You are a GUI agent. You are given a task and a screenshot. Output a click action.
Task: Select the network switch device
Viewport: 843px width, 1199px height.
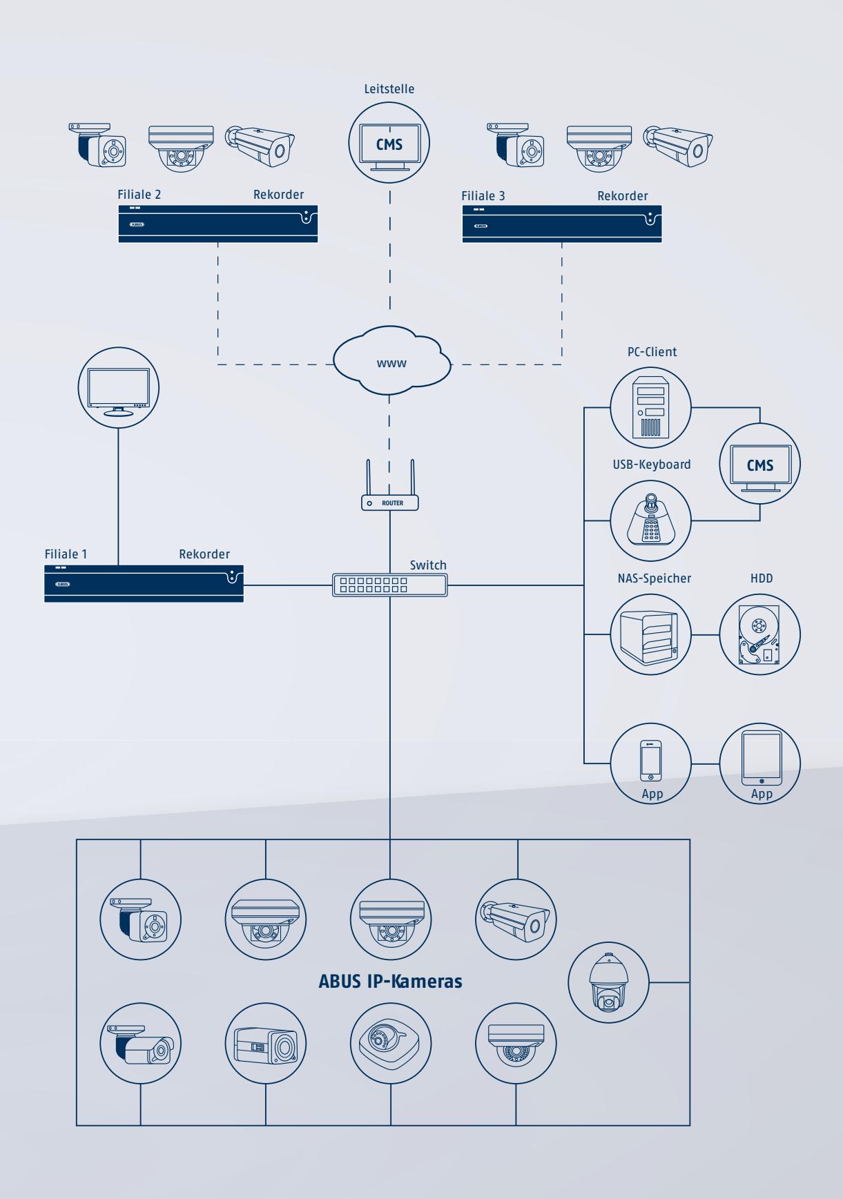[x=390, y=585]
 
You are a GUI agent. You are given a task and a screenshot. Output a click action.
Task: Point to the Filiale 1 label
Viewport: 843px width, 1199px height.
[x=66, y=554]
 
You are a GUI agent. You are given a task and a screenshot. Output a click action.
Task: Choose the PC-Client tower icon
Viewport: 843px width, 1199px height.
[x=651, y=407]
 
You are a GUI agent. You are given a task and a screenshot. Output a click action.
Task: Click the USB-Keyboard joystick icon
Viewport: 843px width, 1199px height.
[x=651, y=520]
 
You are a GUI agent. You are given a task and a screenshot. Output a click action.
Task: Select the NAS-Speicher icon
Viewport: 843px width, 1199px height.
[x=651, y=634]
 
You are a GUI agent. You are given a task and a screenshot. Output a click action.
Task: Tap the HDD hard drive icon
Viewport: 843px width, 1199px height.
[x=760, y=634]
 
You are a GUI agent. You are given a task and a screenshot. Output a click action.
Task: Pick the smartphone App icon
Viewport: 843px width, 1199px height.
[x=651, y=764]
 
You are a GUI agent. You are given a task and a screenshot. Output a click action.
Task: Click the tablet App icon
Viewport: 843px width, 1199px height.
[x=760, y=764]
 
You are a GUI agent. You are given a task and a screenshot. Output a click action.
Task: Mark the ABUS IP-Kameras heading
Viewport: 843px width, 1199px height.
[x=390, y=981]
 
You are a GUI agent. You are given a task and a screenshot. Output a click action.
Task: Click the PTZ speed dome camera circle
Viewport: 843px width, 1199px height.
[x=608, y=982]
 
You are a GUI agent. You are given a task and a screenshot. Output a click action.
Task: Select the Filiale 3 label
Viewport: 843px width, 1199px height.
[x=483, y=196]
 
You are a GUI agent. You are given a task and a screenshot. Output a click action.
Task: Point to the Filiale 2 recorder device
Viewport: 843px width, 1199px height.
[x=218, y=223]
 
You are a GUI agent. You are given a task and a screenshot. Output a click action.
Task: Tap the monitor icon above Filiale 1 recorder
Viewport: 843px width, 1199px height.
[x=118, y=388]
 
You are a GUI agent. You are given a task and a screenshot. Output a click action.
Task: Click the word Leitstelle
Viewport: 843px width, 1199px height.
[x=389, y=88]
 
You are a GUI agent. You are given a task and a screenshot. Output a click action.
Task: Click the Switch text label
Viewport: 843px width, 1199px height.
[x=428, y=565]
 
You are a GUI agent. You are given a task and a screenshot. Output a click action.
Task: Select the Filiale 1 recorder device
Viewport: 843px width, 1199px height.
[x=144, y=583]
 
